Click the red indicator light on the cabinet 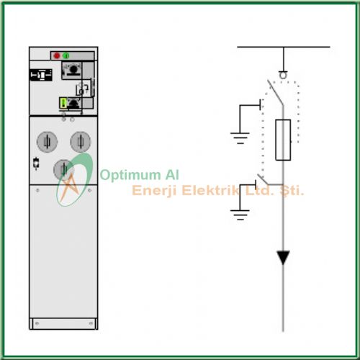tap(57, 55)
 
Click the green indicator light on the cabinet tap(66, 55)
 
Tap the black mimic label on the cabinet tap(41, 75)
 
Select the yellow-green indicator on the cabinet tap(63, 103)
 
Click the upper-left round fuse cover tap(47, 142)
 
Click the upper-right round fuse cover tap(81, 142)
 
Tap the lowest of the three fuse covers tap(63, 170)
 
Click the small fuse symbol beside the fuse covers tap(36, 163)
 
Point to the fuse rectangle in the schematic tap(283, 140)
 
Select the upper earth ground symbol tap(240, 138)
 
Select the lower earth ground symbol tap(240, 215)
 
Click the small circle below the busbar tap tap(283, 75)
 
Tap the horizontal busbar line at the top tap(284, 47)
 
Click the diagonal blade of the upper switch tap(276, 93)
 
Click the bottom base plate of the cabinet tap(63, 324)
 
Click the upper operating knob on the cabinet tap(73, 70)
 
